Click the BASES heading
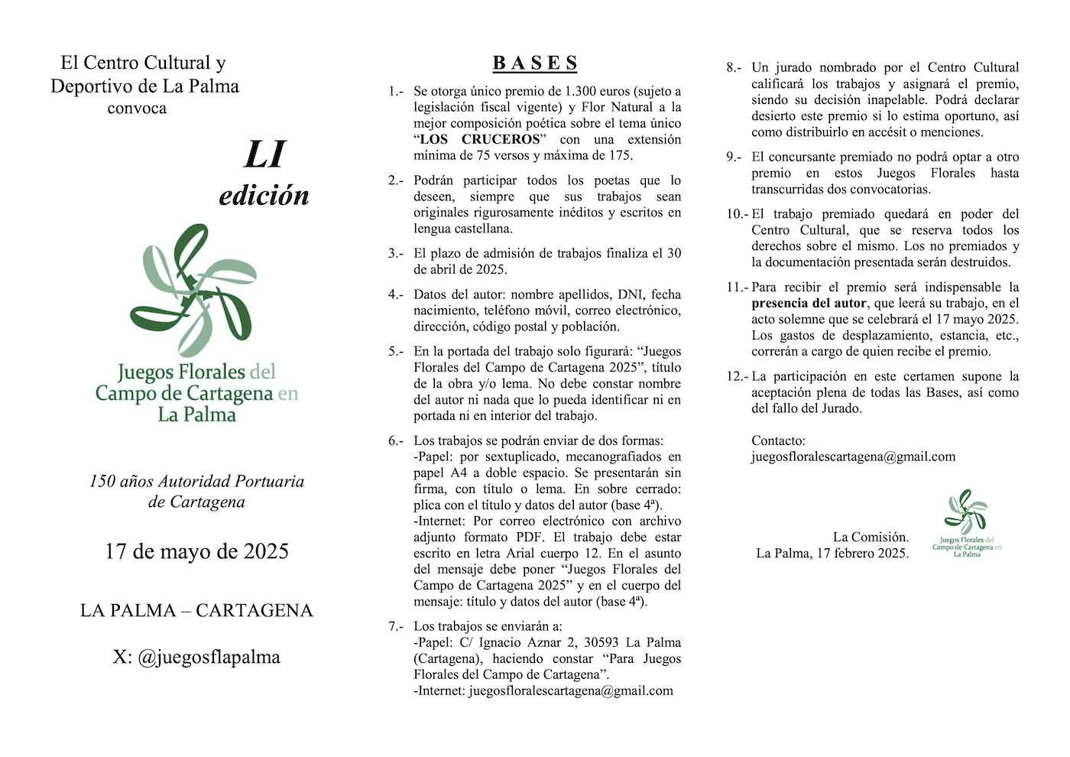(x=535, y=63)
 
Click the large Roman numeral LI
(x=264, y=154)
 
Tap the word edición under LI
(x=264, y=196)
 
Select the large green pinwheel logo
(x=193, y=291)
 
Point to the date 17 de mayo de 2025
(x=196, y=551)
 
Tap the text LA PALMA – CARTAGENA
(x=196, y=610)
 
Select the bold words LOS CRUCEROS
(x=480, y=139)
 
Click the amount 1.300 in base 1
(x=582, y=91)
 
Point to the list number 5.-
(x=395, y=352)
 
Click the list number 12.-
(x=737, y=376)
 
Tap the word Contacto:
(x=778, y=440)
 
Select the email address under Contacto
(x=853, y=456)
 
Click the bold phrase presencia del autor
(x=809, y=303)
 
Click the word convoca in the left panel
(x=137, y=109)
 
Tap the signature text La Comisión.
(x=871, y=537)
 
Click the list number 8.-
(x=733, y=67)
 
